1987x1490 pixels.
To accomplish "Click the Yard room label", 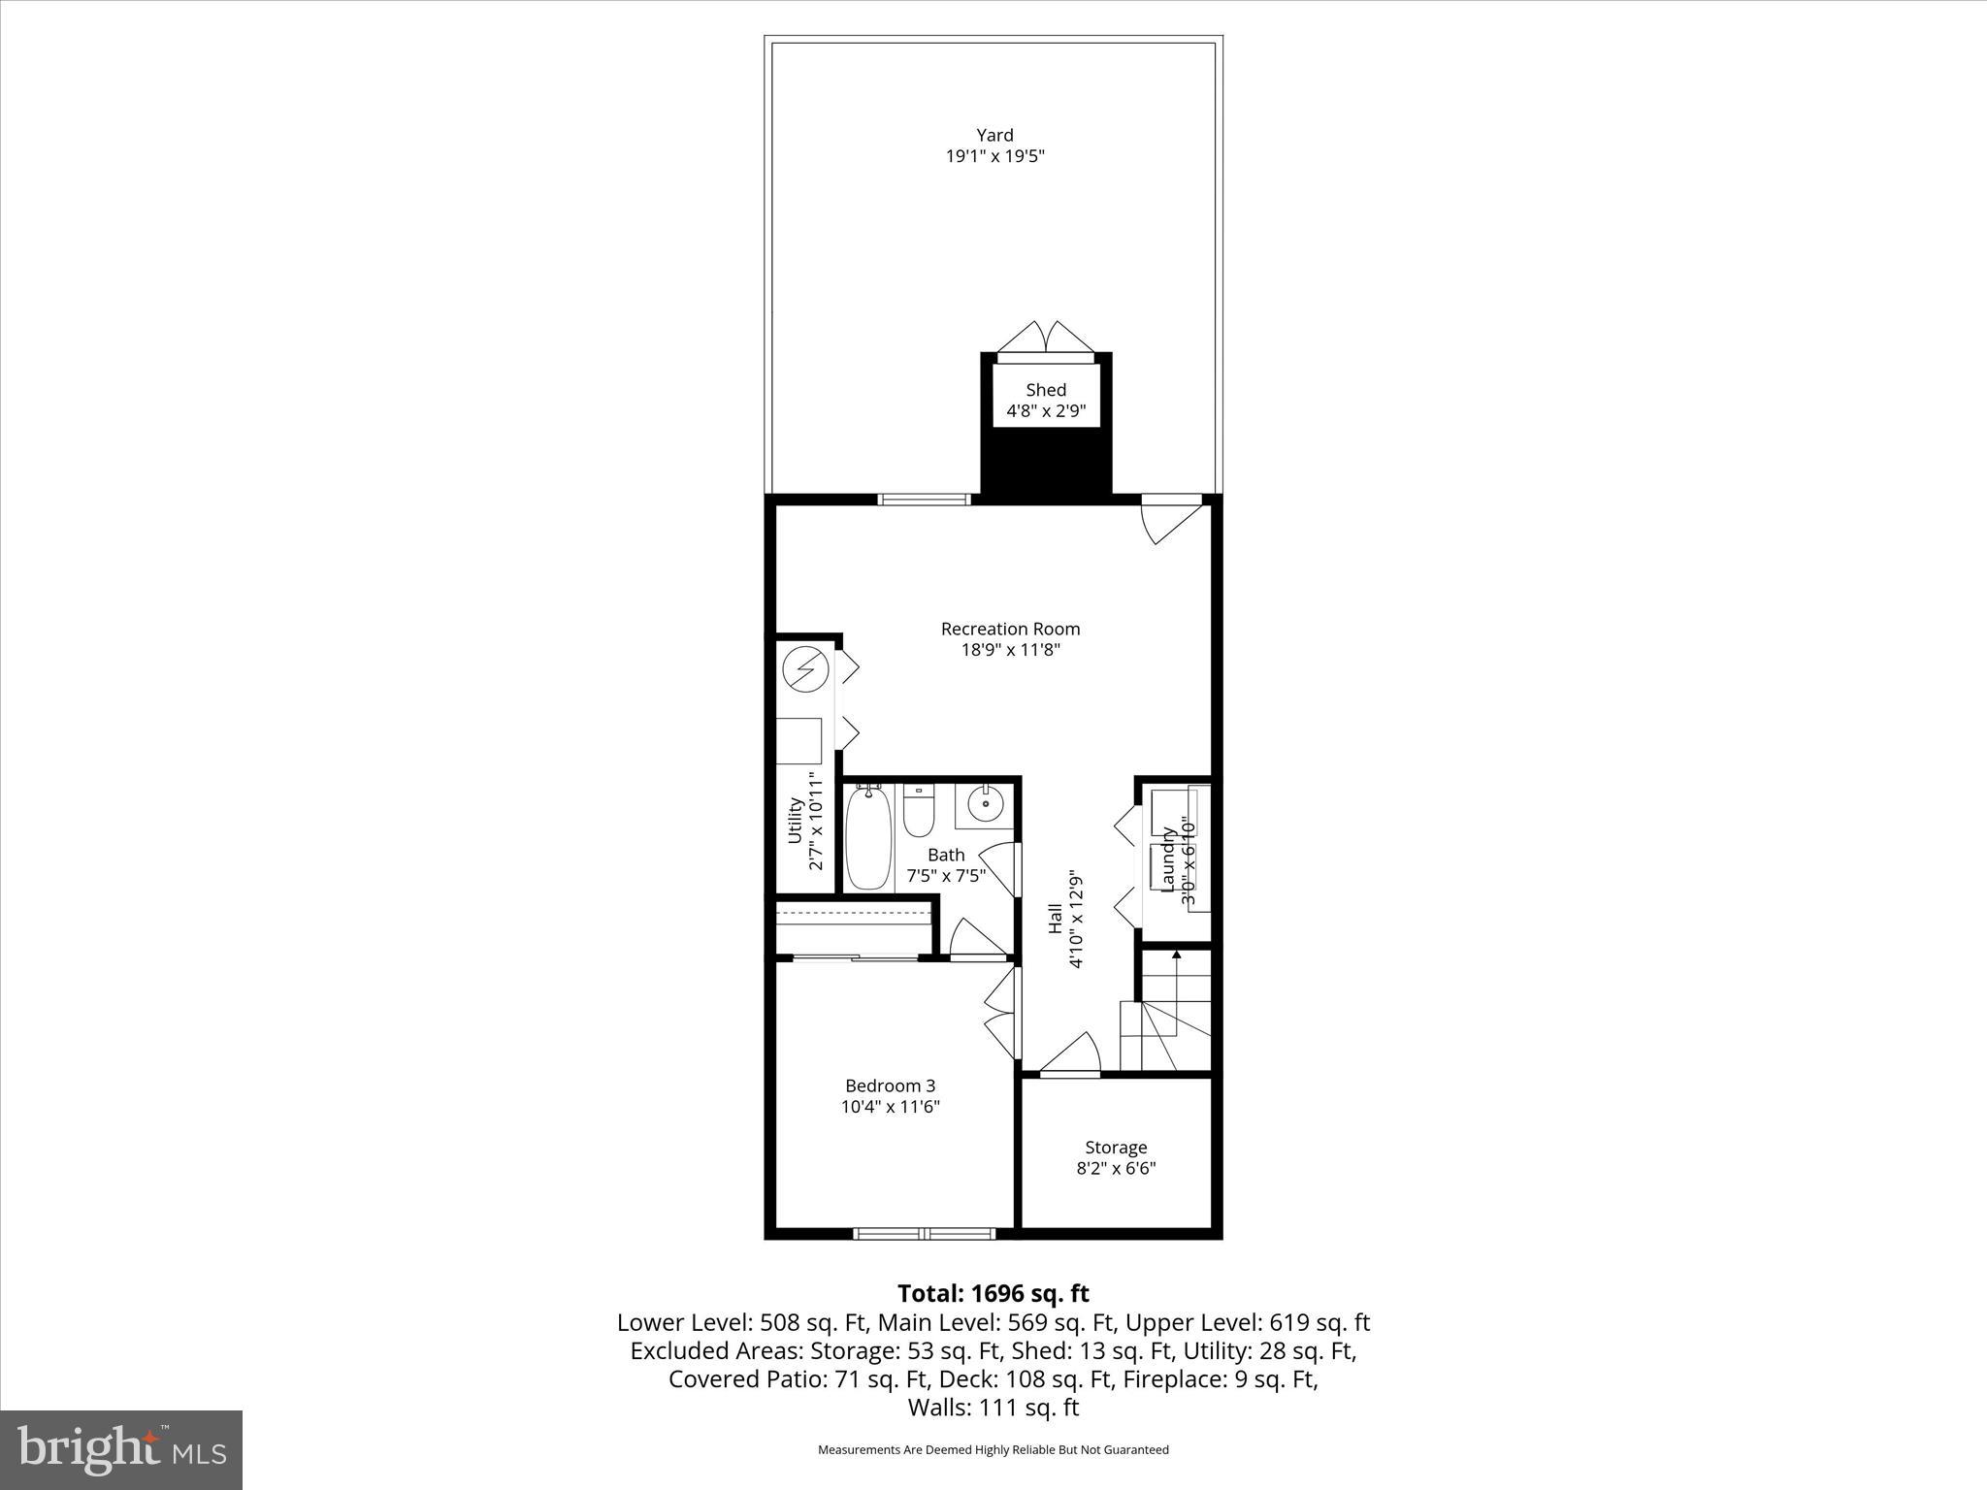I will point(994,136).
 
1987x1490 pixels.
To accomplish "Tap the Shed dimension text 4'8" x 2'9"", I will point(1046,411).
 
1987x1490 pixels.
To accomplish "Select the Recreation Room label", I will point(1010,629).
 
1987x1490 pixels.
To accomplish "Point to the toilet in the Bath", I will point(918,811).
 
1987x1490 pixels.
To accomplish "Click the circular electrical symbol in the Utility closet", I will point(805,670).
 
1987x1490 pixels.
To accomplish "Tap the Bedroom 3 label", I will point(890,1085).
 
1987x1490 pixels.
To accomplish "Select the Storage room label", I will point(1116,1148).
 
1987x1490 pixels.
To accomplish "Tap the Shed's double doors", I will point(1046,339).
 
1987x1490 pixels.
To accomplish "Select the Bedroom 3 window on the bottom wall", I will point(924,1234).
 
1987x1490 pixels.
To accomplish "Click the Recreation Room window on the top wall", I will point(924,500).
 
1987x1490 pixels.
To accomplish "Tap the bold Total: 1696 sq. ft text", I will point(993,1293).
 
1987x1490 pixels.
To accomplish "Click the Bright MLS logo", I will point(121,1449).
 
